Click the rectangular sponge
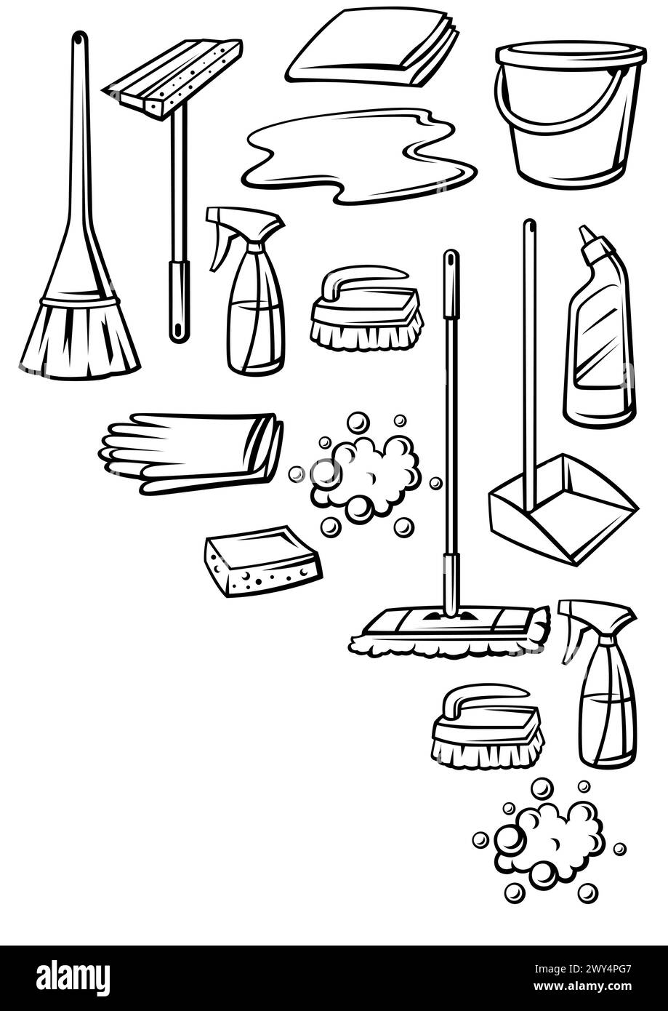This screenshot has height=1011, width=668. point(262,561)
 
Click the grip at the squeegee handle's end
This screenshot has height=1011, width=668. point(179,301)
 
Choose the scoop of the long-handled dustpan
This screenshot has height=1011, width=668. point(564,509)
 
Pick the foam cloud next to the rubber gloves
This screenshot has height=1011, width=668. point(366,476)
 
